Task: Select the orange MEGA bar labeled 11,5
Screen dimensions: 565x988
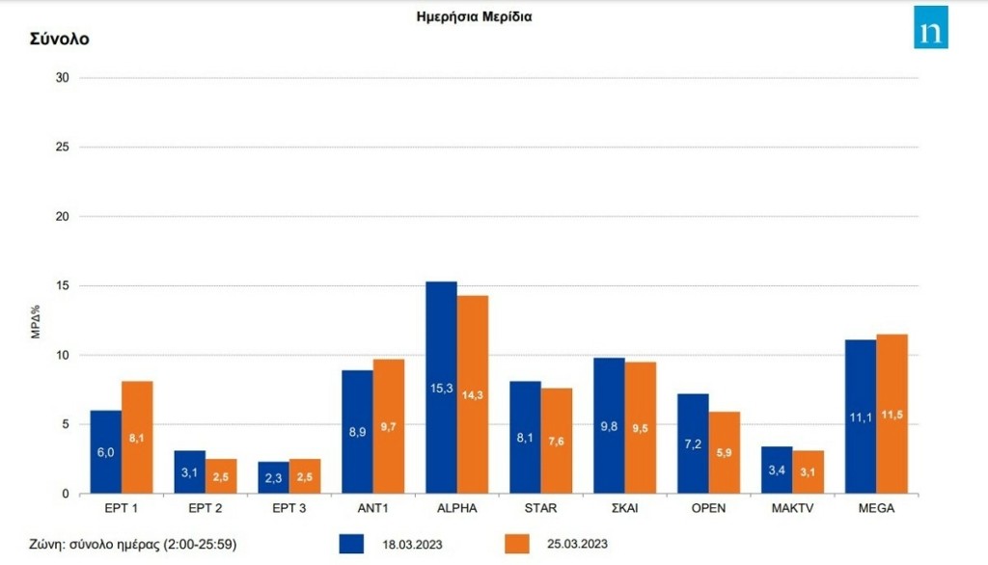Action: [x=892, y=414]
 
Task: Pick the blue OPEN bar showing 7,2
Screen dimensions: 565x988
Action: [x=693, y=444]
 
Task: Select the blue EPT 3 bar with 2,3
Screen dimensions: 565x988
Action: [x=273, y=477]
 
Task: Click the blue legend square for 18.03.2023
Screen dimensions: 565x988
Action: [x=352, y=544]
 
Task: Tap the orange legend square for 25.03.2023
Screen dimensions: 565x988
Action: [x=518, y=544]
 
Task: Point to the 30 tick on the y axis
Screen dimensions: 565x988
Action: [x=63, y=78]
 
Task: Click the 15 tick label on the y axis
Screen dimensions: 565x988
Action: [x=63, y=286]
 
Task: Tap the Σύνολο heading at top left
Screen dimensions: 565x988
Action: [x=60, y=40]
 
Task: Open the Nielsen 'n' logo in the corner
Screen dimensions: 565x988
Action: [x=931, y=27]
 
